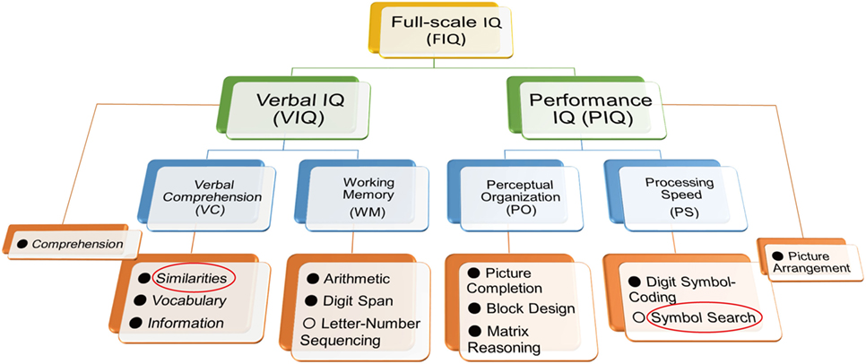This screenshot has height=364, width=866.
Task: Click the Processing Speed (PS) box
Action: [665, 194]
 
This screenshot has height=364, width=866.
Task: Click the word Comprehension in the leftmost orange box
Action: [77, 243]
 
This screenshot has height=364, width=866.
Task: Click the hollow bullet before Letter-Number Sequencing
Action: [309, 323]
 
